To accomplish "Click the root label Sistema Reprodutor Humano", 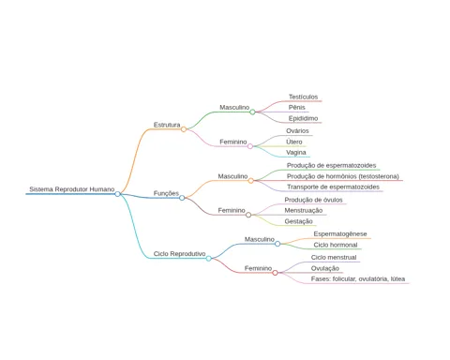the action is tap(72, 189).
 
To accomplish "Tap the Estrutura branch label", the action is tap(167, 125).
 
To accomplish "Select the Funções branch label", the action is tap(166, 193).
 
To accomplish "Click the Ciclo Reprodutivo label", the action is tap(179, 254).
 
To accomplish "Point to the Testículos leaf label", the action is tap(303, 97).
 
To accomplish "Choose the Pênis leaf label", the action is tap(297, 108).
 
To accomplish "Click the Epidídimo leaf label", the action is tap(303, 118).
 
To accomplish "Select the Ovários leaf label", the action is tap(297, 131).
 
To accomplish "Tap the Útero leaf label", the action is tap(294, 142).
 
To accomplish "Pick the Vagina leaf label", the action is tap(296, 153).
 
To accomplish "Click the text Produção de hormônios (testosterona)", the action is tap(343, 176).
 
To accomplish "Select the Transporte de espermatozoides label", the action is tap(333, 187).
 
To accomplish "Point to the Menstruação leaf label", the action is tap(304, 210).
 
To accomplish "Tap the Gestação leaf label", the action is tap(298, 221).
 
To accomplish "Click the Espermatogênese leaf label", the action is tap(340, 233).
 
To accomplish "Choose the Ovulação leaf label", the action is tap(325, 268).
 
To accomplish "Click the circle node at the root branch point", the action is tap(117, 194).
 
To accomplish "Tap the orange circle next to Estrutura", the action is tap(184, 129).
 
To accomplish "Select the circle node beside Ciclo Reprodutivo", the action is tap(209, 259).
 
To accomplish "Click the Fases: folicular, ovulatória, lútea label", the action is tap(358, 278).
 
